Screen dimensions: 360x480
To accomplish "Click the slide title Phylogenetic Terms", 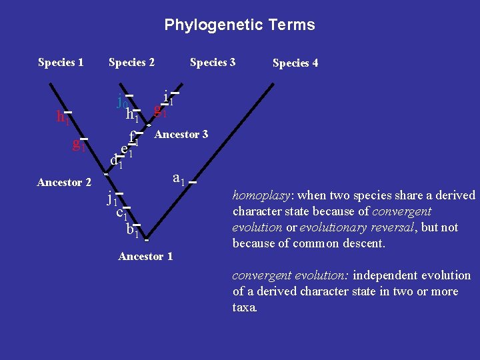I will [x=239, y=25].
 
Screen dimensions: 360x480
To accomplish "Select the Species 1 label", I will [x=61, y=63].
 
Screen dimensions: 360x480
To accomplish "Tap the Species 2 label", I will [x=131, y=63].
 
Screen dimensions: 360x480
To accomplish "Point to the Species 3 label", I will [x=213, y=63].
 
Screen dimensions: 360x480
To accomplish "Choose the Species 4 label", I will [x=295, y=63].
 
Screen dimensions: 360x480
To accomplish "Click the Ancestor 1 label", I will [x=145, y=257].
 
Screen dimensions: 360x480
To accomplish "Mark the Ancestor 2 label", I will [x=64, y=183].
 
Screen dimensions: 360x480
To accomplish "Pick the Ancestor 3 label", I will [x=181, y=135].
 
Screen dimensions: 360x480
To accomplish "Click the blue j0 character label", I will [x=122, y=102].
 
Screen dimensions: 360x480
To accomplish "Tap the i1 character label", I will [x=169, y=98].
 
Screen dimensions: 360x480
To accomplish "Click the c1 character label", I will [x=121, y=213].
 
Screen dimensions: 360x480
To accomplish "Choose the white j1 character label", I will [x=112, y=198].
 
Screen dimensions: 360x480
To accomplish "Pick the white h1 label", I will [x=132, y=115].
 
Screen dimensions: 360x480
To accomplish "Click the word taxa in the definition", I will [x=244, y=308].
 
